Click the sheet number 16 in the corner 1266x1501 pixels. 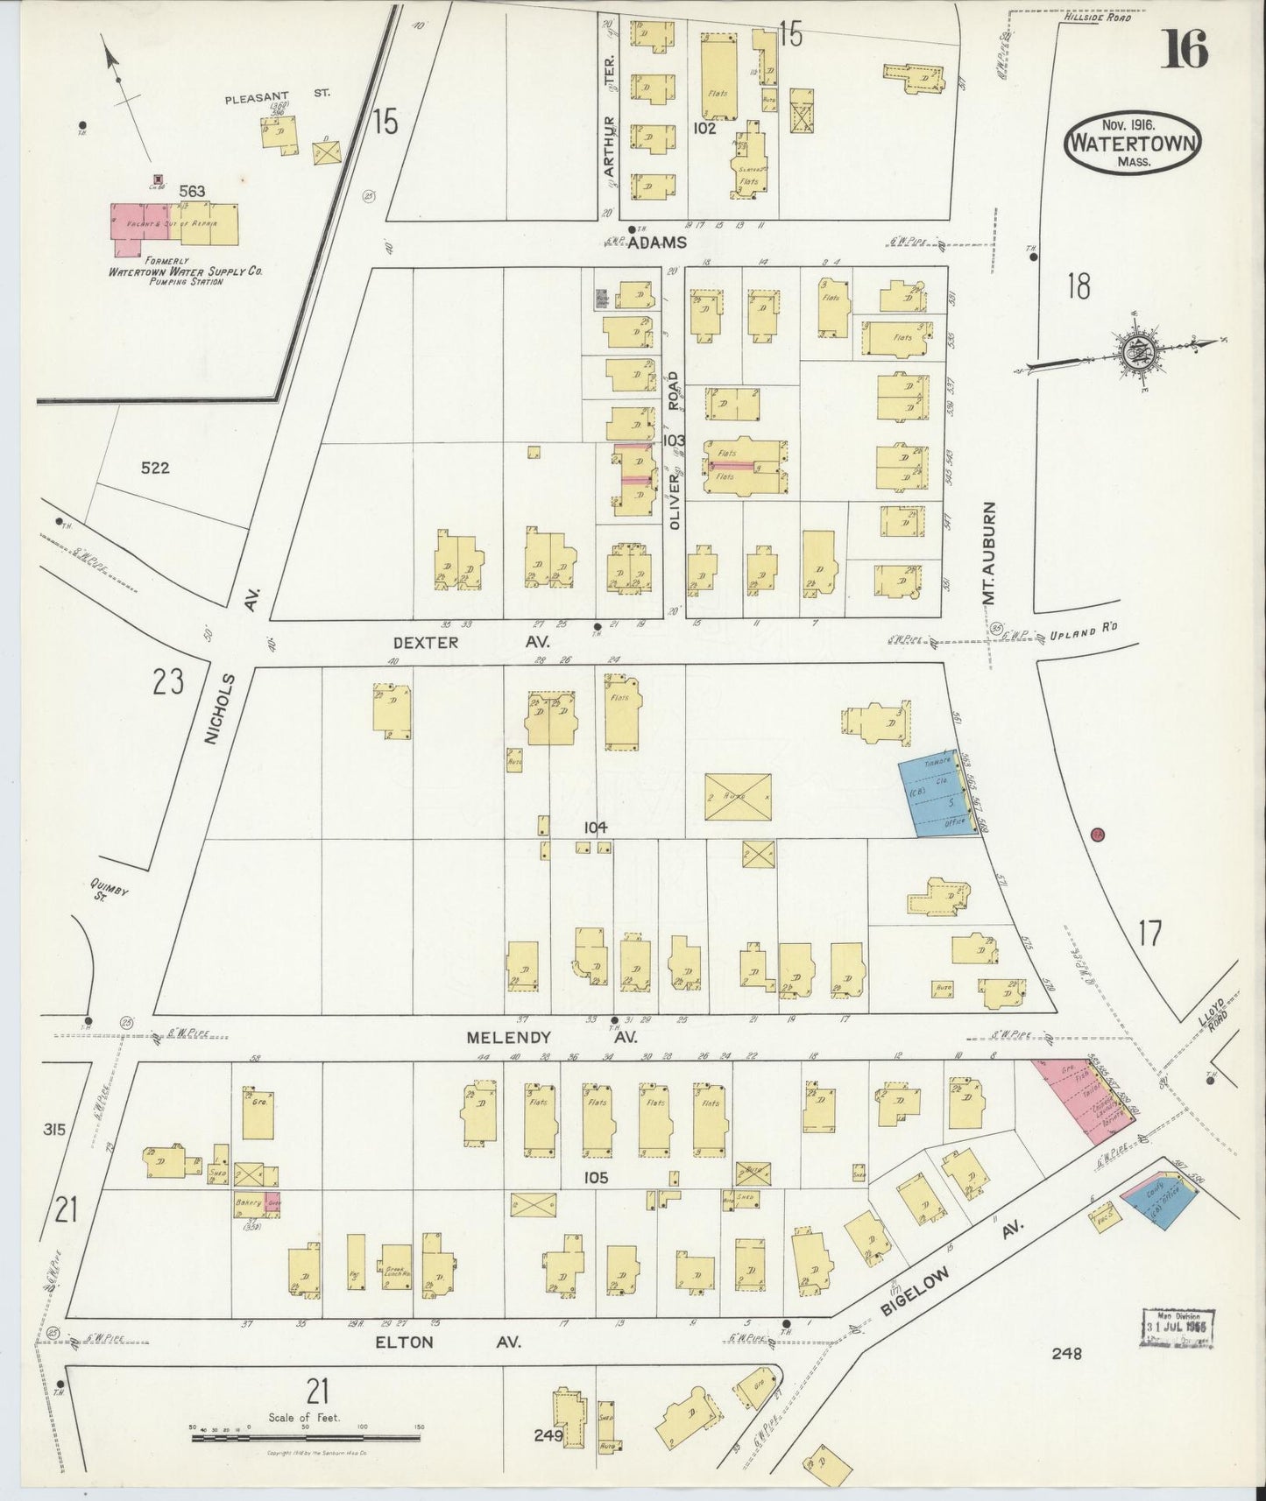click(1185, 49)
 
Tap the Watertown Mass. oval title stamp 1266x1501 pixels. click(1133, 145)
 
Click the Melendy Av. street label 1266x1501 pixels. click(551, 1036)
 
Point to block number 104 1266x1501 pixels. click(596, 827)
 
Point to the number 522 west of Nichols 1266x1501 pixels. click(154, 468)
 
